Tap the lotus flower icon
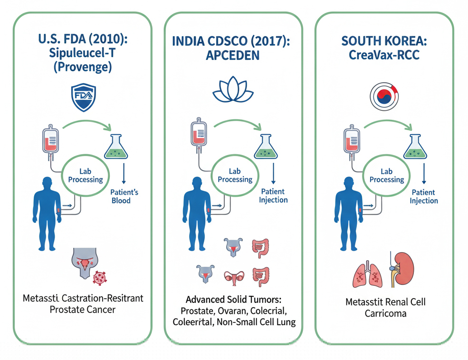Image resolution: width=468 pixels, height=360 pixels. click(x=233, y=90)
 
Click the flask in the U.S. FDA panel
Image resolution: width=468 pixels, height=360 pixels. click(x=115, y=146)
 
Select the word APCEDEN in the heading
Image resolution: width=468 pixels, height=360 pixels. click(x=233, y=55)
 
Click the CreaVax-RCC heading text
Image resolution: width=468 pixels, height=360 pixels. click(x=384, y=55)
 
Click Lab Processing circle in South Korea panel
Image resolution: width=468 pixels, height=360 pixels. click(x=387, y=176)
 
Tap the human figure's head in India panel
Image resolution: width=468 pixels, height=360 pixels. click(x=195, y=184)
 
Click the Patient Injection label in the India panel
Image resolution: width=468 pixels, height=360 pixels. click(x=273, y=195)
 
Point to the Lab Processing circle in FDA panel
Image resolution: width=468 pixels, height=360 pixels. click(x=85, y=176)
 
